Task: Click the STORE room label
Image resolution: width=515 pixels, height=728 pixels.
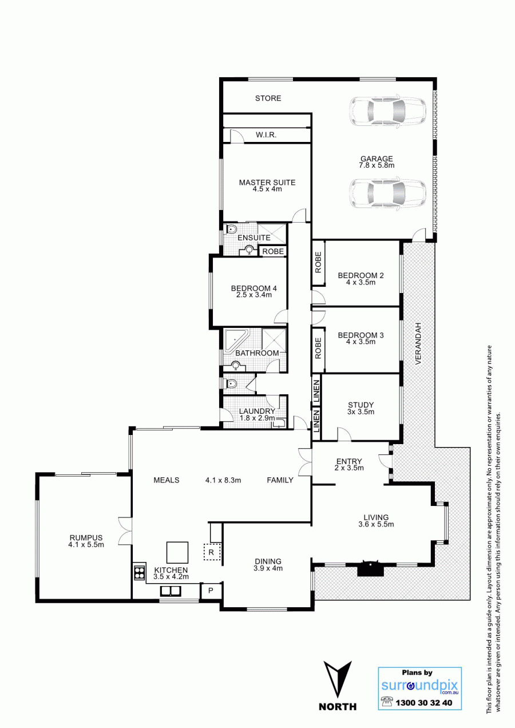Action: tap(268, 98)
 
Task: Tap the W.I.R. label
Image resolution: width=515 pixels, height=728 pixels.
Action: tap(266, 135)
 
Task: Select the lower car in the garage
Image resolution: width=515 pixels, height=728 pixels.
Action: tap(387, 193)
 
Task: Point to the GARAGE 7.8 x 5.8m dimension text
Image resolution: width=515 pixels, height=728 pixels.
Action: tap(377, 165)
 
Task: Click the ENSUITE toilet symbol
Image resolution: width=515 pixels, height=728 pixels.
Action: tap(231, 230)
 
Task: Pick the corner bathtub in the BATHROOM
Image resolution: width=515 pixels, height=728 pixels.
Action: tap(236, 340)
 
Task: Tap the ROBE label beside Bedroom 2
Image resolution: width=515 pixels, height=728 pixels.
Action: tap(318, 262)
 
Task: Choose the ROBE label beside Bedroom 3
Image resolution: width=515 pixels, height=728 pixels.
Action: tap(318, 348)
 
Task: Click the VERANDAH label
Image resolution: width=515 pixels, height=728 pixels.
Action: tap(418, 343)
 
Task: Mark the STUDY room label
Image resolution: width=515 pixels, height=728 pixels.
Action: tap(360, 405)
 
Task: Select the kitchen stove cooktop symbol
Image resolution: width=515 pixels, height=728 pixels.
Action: tap(140, 572)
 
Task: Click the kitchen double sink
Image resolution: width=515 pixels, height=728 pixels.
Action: tap(171, 591)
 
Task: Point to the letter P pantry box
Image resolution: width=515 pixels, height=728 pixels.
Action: tap(211, 591)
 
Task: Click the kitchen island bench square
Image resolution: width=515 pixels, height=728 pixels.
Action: tap(177, 552)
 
